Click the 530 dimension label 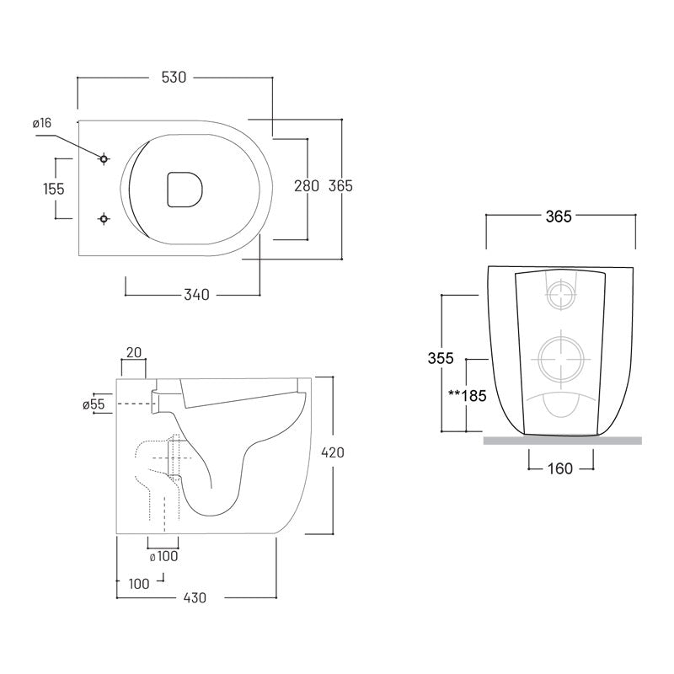point(173,78)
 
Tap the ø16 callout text point(42,123)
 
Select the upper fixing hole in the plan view point(104,158)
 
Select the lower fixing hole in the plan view point(104,218)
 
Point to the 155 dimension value point(54,188)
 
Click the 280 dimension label point(306,186)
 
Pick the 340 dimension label point(195,295)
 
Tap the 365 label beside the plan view point(340,186)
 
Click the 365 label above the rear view point(559,217)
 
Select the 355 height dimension point(439,358)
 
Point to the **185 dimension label point(468,394)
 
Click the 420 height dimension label point(333,452)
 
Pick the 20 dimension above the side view point(132,351)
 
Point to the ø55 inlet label point(94,405)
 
